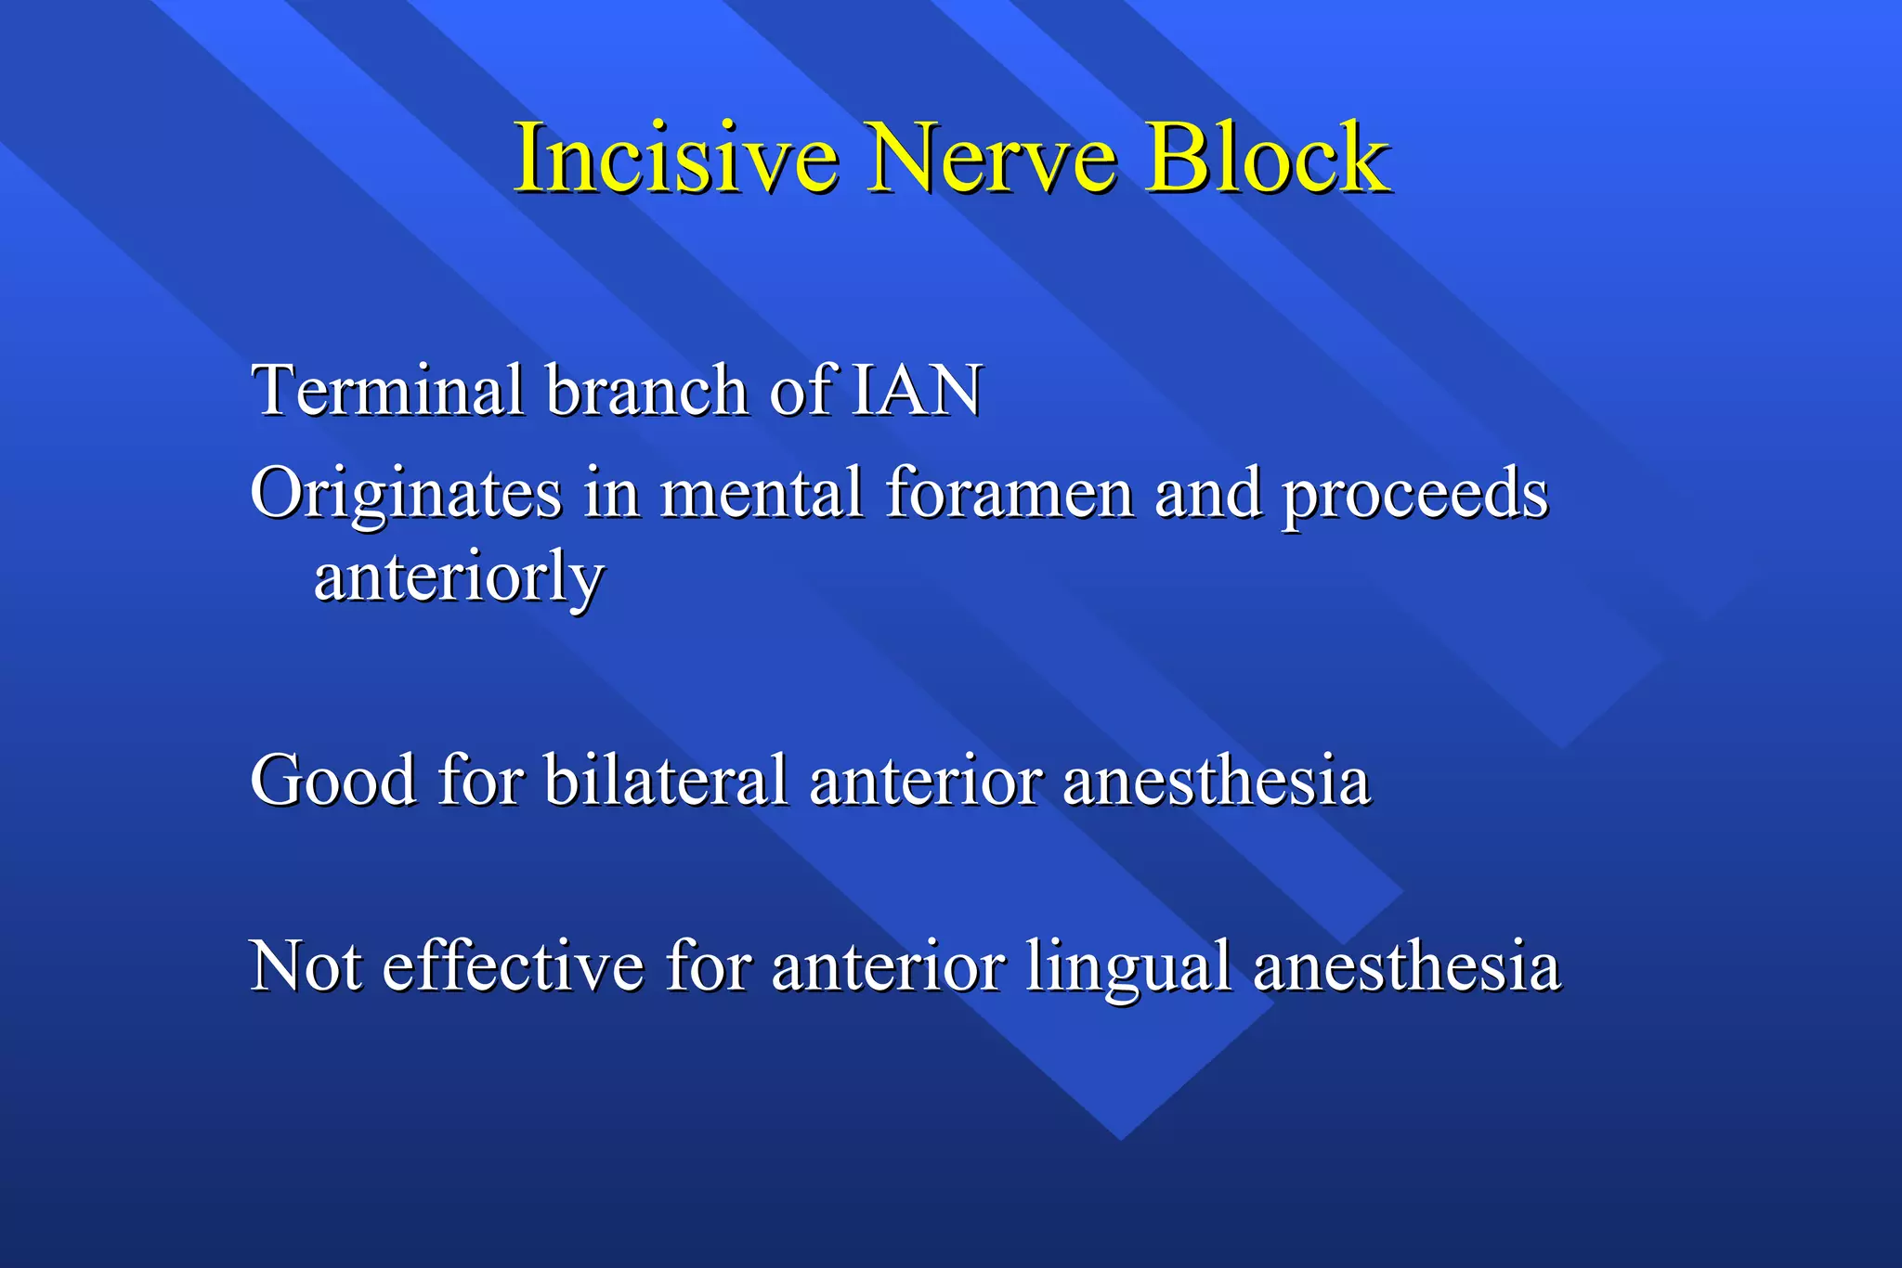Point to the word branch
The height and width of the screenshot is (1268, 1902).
[646, 390]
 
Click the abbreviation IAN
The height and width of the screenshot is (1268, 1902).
[916, 390]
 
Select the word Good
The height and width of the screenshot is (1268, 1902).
[333, 780]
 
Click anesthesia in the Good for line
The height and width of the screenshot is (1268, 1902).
[1217, 780]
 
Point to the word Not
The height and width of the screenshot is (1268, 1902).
[306, 966]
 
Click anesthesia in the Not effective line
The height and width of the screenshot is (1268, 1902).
[1407, 966]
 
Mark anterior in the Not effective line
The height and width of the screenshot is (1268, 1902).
[889, 966]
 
